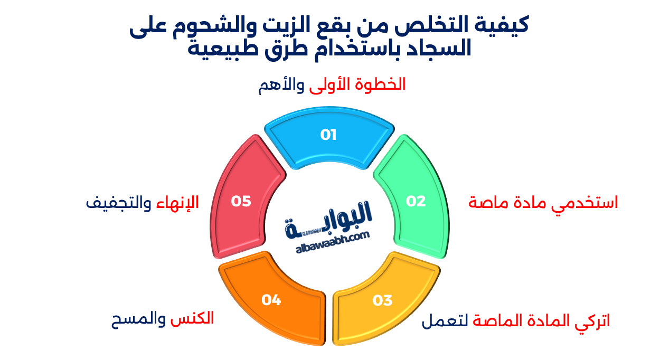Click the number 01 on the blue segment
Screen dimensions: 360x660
(x=328, y=135)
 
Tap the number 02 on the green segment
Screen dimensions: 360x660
(x=416, y=201)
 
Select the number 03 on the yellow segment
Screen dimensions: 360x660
(x=382, y=300)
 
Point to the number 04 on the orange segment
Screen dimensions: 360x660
(x=271, y=300)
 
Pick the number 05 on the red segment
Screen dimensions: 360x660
(x=241, y=201)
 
